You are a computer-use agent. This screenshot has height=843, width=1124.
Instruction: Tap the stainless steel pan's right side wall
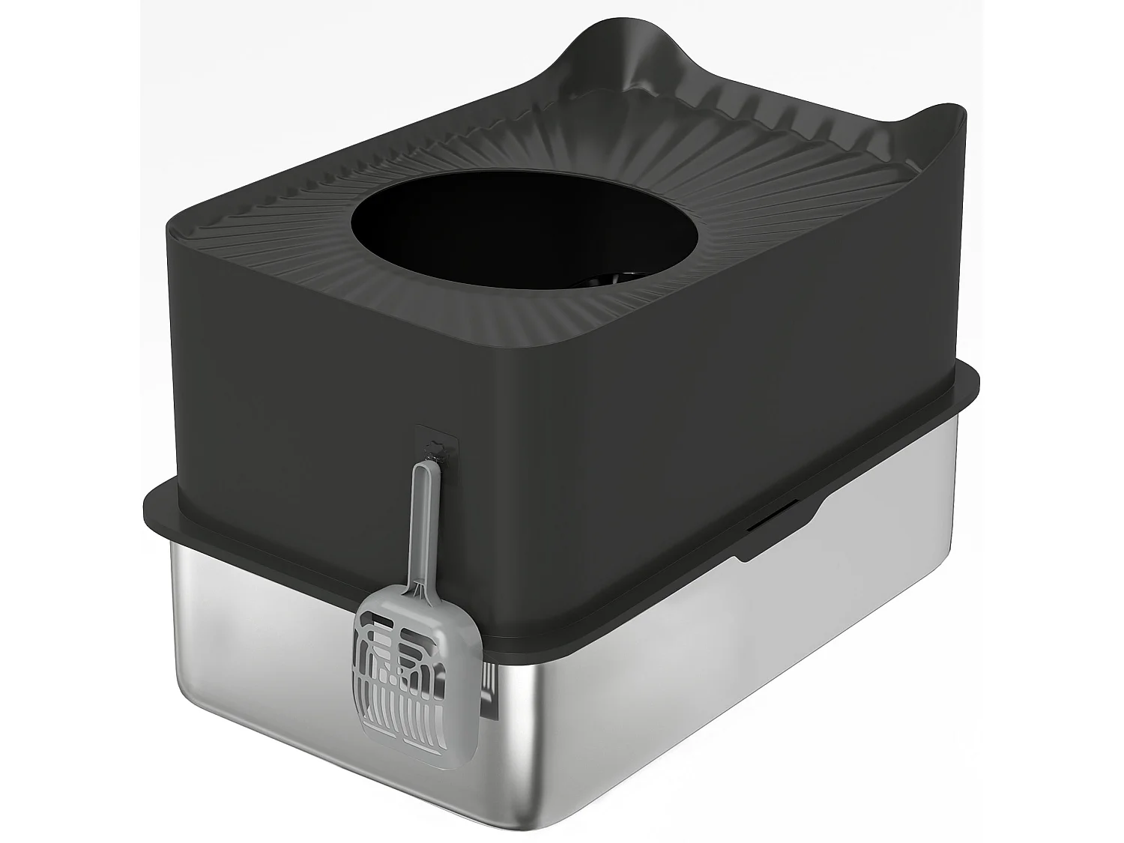click(x=749, y=674)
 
